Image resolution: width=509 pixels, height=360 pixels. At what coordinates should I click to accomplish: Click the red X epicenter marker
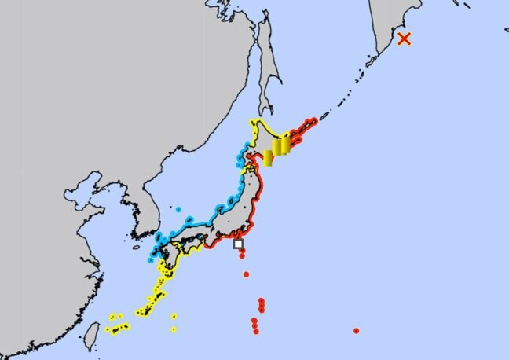pos(405,39)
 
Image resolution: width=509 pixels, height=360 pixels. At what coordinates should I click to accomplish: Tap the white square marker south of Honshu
pos(238,244)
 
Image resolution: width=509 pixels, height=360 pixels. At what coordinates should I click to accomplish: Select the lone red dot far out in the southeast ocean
pos(356,330)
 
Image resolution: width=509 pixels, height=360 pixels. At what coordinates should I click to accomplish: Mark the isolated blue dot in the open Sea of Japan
pos(178,209)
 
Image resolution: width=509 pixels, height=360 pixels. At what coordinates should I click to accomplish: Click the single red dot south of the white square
pos(246,274)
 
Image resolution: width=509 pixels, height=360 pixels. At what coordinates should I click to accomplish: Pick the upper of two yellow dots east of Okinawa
pos(174,317)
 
